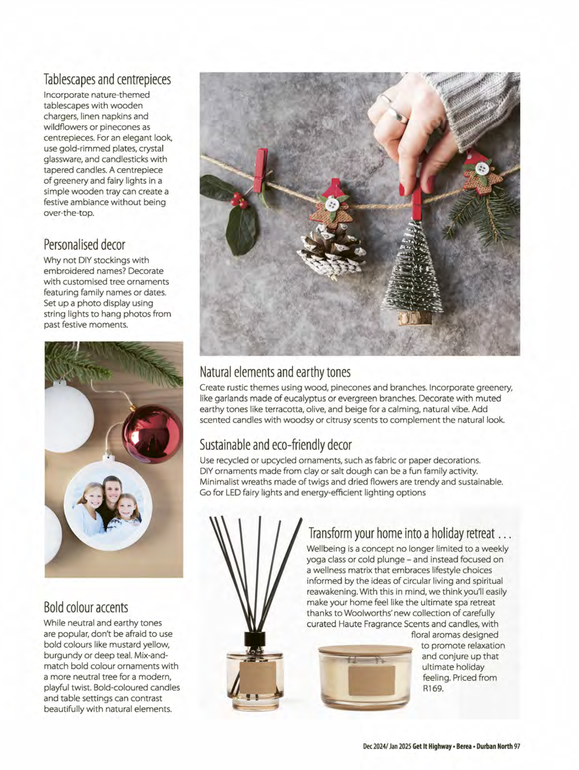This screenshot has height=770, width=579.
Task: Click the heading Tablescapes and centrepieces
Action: point(107,79)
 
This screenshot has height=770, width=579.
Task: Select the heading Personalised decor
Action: point(84,245)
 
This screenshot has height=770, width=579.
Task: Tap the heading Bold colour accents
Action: point(86,607)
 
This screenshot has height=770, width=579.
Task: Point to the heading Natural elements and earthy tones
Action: point(275,372)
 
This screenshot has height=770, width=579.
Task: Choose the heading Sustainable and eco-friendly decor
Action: point(275,445)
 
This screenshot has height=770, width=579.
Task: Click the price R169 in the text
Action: point(433,689)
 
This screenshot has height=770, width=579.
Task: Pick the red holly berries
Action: point(239,201)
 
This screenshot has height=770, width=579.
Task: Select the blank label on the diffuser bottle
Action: point(258,677)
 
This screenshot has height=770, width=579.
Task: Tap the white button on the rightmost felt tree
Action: point(482,168)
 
